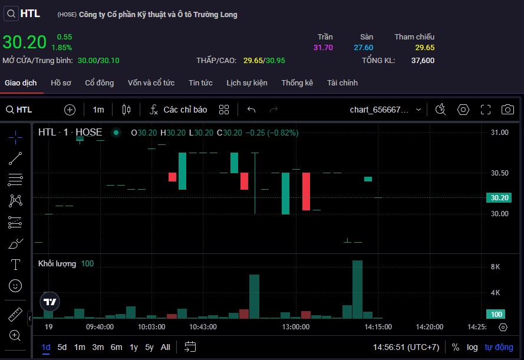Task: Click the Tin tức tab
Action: pos(200,83)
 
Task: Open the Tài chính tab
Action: pos(342,83)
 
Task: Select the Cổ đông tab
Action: pos(99,83)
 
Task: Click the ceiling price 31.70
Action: pos(323,48)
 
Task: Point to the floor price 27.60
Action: pos(363,48)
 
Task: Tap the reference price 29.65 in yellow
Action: pos(424,48)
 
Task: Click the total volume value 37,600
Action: pos(423,60)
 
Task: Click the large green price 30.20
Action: pos(24,42)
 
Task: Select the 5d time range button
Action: pos(62,347)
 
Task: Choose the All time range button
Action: pos(166,347)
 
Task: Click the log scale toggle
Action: pos(472,347)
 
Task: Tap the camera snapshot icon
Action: pos(507,110)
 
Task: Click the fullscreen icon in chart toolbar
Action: pos(486,110)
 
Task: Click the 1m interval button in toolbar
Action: pos(98,110)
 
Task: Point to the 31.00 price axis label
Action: pos(499,133)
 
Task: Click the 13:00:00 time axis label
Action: pos(295,327)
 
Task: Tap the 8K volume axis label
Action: pos(495,267)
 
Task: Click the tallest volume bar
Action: pos(357,289)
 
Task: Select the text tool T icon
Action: pos(16,265)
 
